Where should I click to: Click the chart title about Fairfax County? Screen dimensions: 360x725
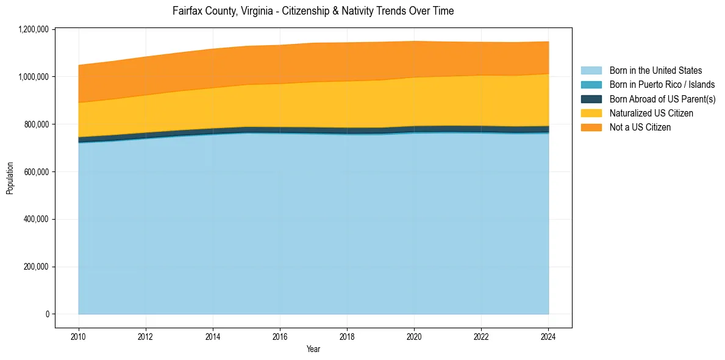[x=313, y=11]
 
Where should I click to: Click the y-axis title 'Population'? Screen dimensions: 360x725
[x=10, y=178]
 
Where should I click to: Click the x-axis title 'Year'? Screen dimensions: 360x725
[x=313, y=350]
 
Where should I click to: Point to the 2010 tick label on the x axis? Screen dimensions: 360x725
[x=79, y=336]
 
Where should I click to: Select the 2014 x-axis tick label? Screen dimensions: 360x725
[x=213, y=336]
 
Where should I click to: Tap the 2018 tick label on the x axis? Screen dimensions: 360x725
[x=347, y=336]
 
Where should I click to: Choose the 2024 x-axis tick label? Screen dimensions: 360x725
[x=548, y=336]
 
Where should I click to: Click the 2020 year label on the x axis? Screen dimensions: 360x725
[x=414, y=336]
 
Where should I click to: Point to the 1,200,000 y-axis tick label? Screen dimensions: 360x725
[x=34, y=29]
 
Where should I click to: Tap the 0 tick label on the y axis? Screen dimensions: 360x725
[x=47, y=314]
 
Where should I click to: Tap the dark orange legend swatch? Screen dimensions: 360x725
[x=591, y=128]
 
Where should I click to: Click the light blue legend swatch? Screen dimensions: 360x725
[x=591, y=71]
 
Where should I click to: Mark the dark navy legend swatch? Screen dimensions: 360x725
[x=591, y=99]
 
